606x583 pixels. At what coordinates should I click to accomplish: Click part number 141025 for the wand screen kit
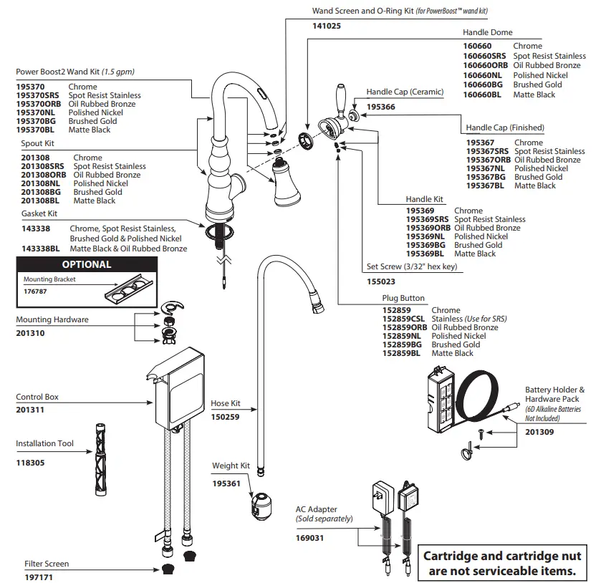click(x=327, y=26)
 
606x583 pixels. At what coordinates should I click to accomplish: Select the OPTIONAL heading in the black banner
click(x=87, y=264)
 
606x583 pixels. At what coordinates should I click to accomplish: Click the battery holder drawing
click(x=440, y=398)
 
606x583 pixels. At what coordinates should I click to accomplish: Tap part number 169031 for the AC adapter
click(x=310, y=537)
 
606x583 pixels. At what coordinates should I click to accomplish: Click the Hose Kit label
click(x=226, y=404)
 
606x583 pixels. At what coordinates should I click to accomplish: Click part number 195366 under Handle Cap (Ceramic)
click(x=381, y=107)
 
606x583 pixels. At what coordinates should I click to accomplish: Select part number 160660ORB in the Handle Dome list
click(x=485, y=65)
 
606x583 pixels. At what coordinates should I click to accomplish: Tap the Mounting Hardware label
click(x=52, y=319)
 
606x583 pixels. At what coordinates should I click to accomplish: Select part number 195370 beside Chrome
click(x=30, y=87)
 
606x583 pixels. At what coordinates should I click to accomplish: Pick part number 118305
click(x=30, y=463)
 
